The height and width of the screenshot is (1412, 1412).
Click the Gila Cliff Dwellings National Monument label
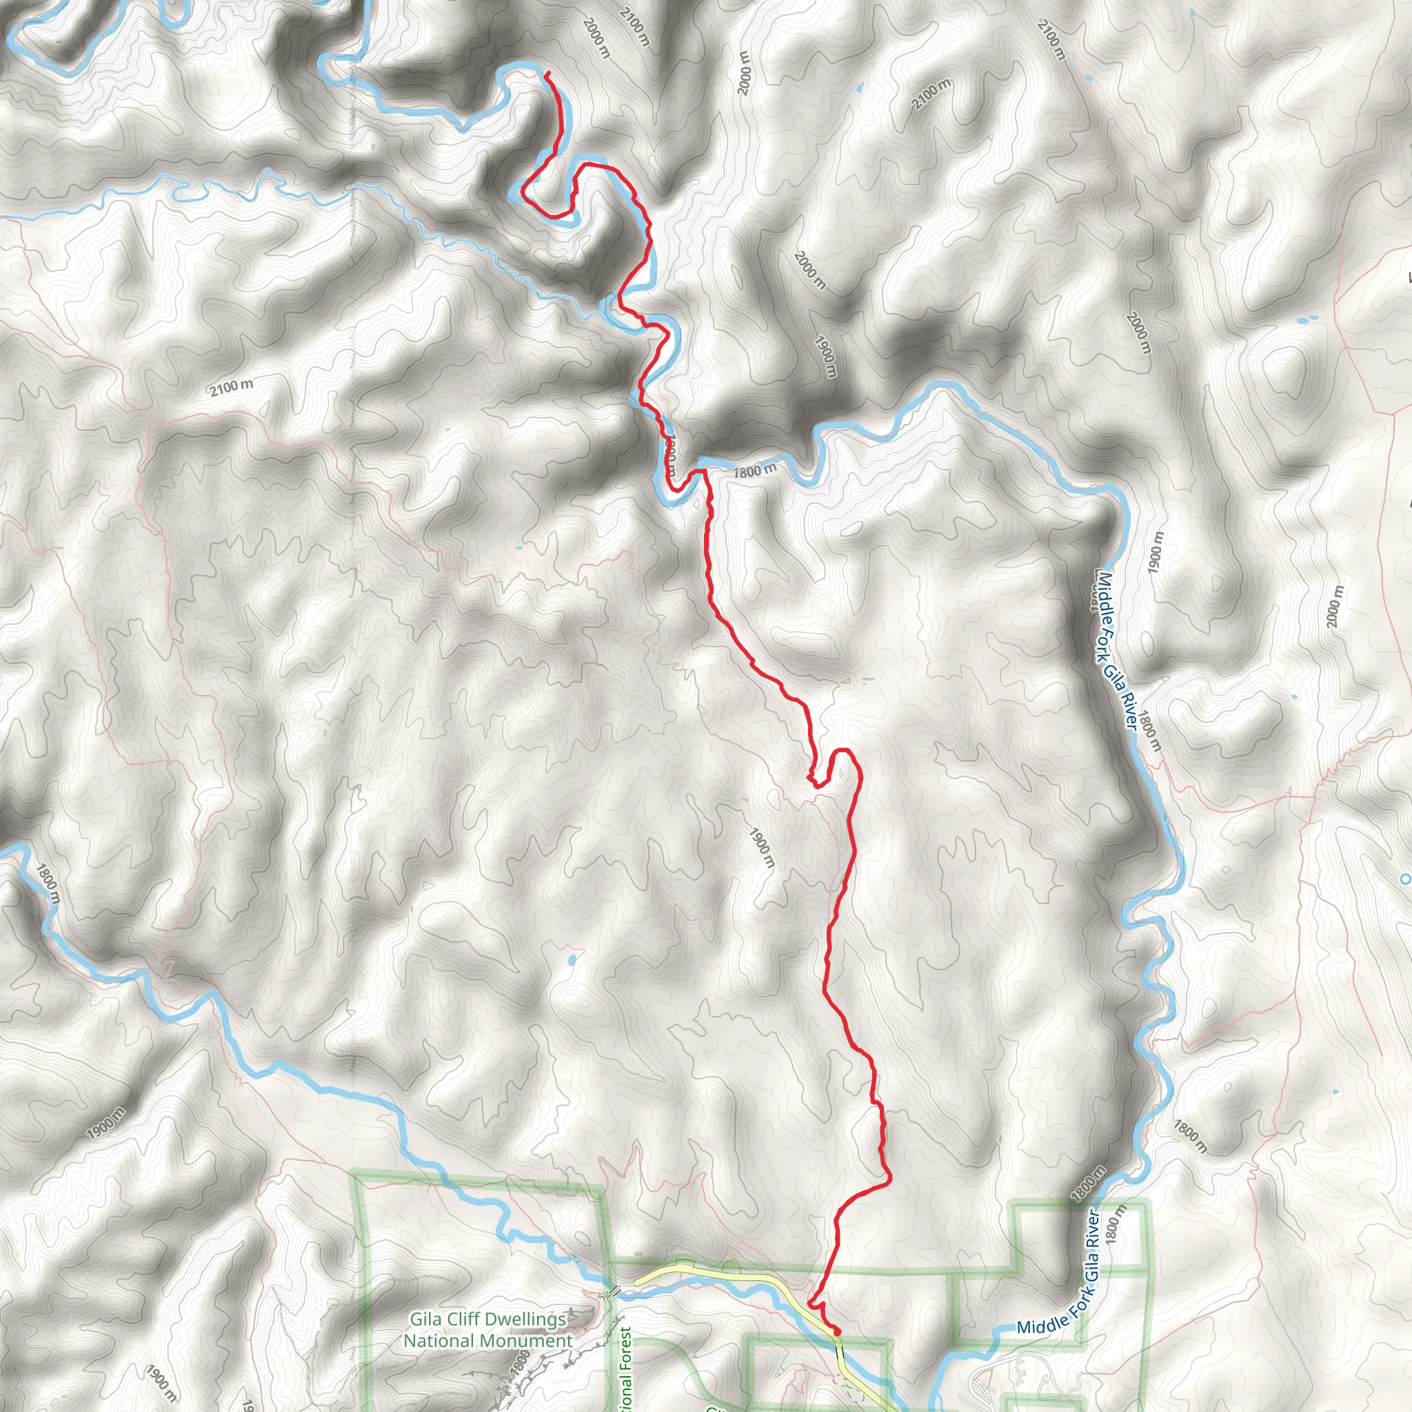(x=488, y=1330)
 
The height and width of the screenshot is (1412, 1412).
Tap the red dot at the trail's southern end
(x=836, y=1331)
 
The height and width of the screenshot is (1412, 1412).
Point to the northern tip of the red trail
(x=547, y=72)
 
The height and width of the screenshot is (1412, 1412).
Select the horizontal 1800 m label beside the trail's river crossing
(x=755, y=472)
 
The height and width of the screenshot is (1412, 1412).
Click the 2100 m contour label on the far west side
(x=232, y=387)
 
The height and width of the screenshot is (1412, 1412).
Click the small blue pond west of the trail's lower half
(x=571, y=960)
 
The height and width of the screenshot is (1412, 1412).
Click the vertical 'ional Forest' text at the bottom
(x=625, y=1371)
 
